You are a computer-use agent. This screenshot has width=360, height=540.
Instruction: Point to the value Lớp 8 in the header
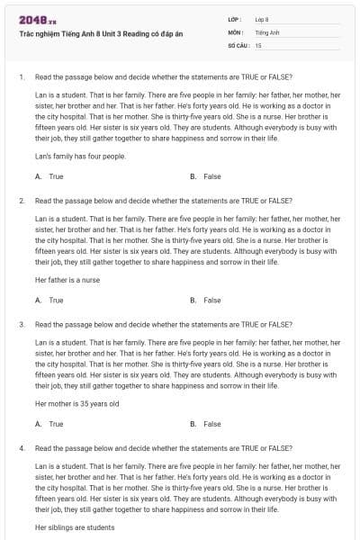pos(262,19)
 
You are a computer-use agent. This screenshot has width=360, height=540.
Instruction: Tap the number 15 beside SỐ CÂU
pos(258,44)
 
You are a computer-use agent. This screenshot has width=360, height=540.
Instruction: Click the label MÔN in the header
pos(236,31)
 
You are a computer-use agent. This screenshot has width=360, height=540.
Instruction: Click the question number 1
pos(21,77)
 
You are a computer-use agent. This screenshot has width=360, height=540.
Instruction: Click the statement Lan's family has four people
pos(80,157)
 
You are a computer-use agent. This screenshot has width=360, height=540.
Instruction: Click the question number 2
pos(21,201)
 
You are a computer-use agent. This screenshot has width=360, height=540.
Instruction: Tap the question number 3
pos(21,324)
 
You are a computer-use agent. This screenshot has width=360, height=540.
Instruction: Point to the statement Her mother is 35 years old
pos(76,404)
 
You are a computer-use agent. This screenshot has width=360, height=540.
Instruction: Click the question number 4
pos(21,447)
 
